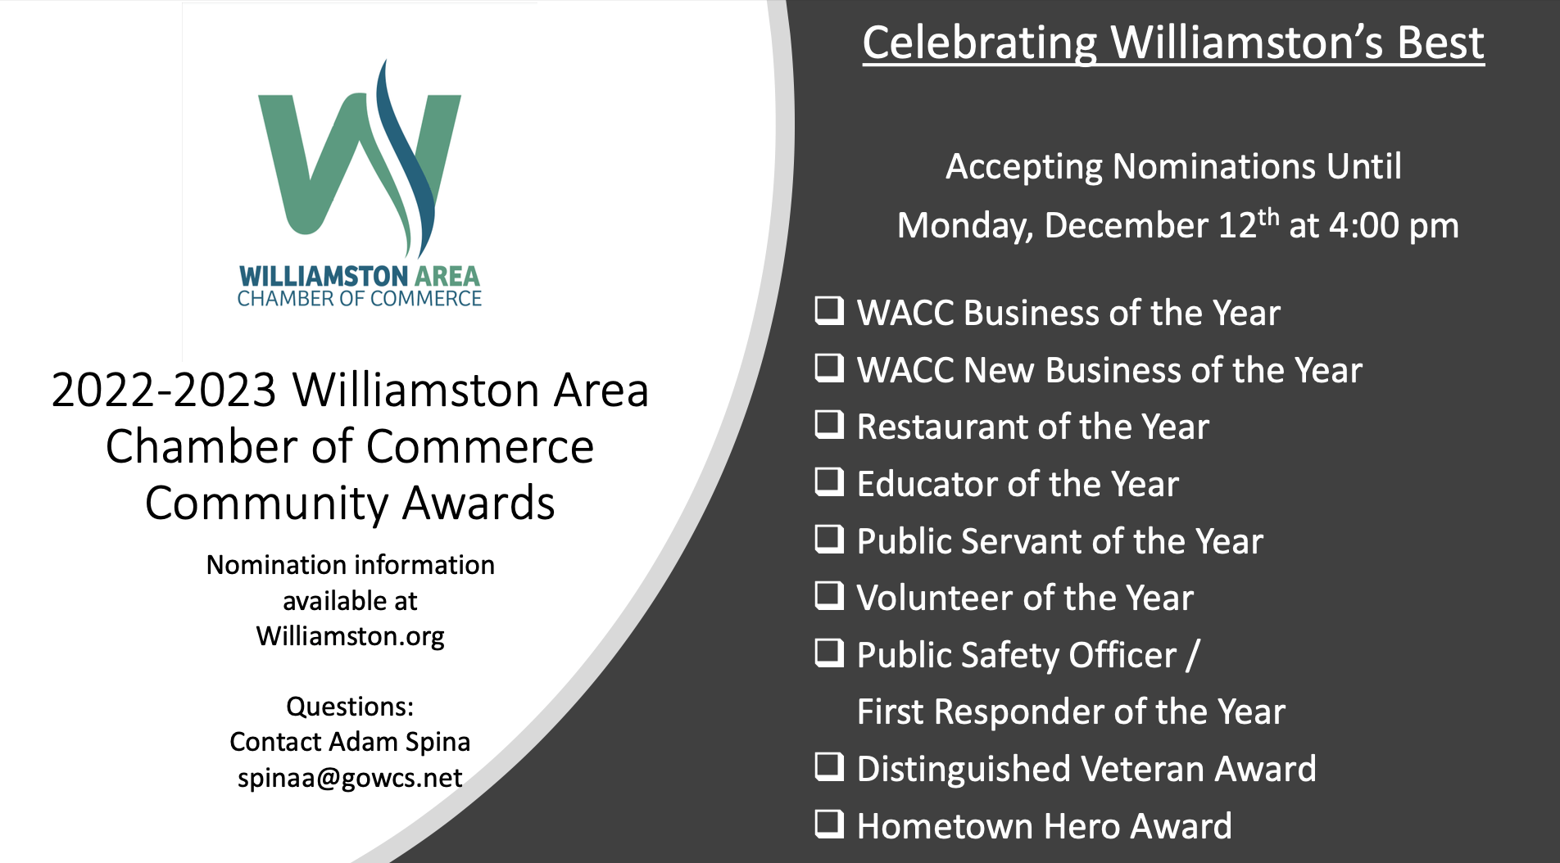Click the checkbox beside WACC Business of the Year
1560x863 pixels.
[x=829, y=311]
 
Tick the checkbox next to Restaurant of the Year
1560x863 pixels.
[x=829, y=425]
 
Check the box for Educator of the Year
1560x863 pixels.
[x=829, y=482]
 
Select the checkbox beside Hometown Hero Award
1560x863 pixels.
[x=829, y=825]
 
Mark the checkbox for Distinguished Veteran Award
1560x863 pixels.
[x=829, y=767]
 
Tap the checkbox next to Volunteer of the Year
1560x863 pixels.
[x=829, y=596]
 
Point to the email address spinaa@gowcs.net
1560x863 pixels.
[x=350, y=778]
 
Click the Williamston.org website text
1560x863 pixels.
[x=350, y=636]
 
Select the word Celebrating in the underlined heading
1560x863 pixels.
[x=980, y=43]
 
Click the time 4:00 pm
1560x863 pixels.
[x=1394, y=226]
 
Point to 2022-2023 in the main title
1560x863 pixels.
[x=164, y=390]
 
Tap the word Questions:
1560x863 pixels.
[x=350, y=707]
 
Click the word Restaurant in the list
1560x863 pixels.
[x=942, y=427]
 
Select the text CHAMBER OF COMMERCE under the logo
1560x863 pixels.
[x=360, y=299]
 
